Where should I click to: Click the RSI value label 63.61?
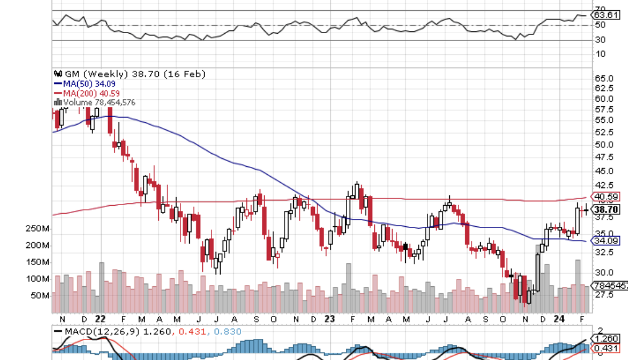coord(606,15)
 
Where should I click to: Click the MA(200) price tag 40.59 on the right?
coord(606,197)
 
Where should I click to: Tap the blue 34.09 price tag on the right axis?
coord(606,241)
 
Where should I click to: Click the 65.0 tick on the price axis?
coord(604,78)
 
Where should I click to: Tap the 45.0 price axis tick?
coord(604,170)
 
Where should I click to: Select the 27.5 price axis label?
coord(604,294)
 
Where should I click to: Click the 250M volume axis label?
coord(37,229)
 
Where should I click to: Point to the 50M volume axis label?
coord(39,295)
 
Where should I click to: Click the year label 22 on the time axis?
coord(101,318)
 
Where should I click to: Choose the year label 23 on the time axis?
coord(328,318)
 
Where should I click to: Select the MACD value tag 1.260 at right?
coord(606,338)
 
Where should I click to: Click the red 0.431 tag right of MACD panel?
coord(606,348)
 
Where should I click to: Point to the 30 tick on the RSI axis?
coord(600,39)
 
